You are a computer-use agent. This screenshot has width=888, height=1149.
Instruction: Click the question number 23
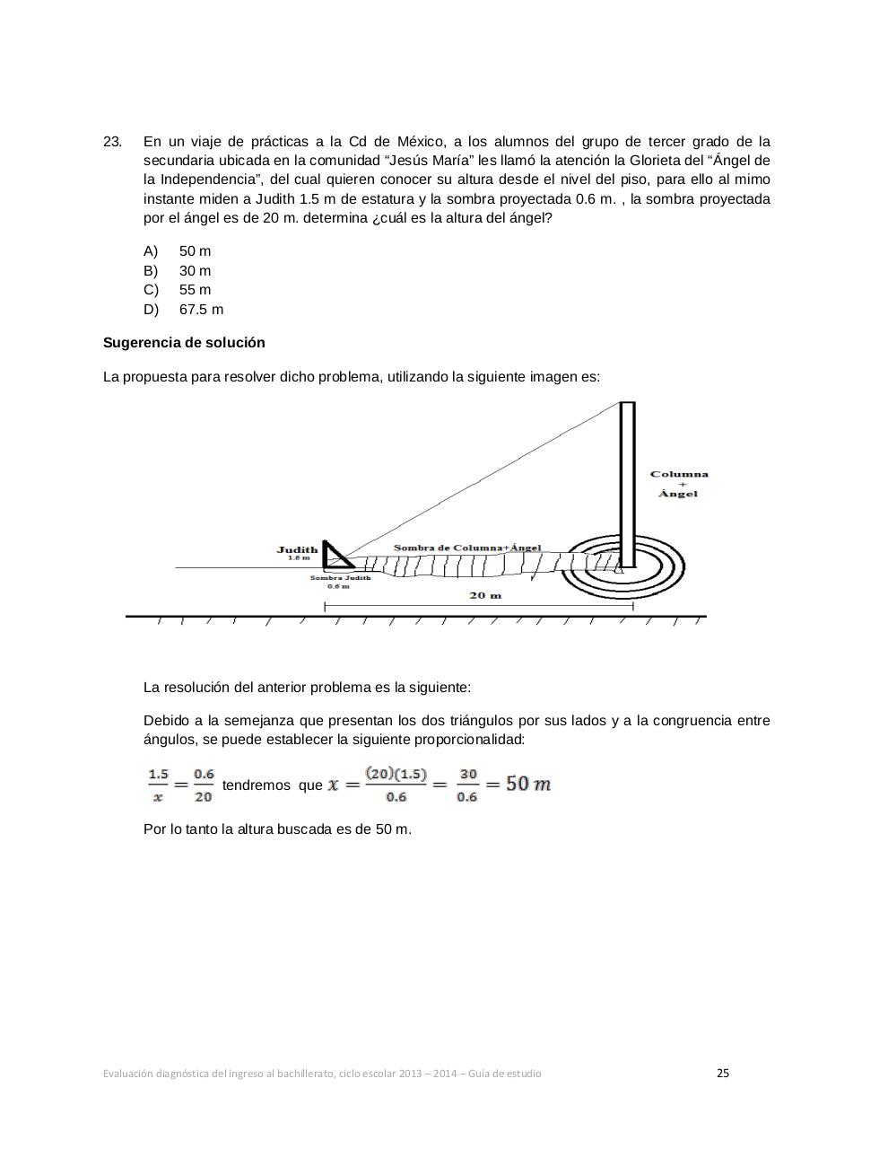pos(112,142)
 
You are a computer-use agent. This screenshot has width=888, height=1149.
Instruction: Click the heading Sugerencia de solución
pos(184,343)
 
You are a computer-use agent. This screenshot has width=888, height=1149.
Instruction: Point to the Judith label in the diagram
pos(297,549)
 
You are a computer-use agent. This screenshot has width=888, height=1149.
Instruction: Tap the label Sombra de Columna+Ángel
pos(467,548)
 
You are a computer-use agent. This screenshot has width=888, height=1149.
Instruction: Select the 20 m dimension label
pos(485,595)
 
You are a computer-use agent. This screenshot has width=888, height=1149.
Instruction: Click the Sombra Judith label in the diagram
pos(340,578)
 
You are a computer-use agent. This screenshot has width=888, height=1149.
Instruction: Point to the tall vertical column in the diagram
pos(628,485)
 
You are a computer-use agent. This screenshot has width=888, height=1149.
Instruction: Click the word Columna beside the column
pos(679,474)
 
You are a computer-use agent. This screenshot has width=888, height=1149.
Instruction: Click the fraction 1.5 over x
pos(158,785)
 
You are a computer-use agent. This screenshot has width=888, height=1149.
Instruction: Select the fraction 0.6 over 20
pos(204,785)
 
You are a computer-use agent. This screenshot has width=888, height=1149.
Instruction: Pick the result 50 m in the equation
pos(528,784)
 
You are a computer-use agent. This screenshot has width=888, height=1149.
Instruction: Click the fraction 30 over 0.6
pos(467,785)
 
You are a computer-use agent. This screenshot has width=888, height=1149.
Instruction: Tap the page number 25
pos(723,1073)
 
